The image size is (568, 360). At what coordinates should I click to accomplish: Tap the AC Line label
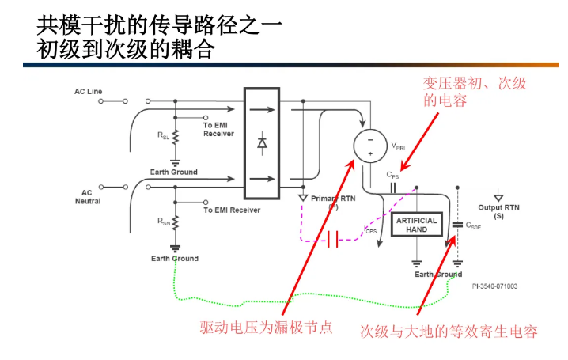click(x=88, y=92)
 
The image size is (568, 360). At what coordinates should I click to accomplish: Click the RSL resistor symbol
click(x=175, y=137)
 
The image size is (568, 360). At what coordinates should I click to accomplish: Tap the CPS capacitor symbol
click(x=394, y=188)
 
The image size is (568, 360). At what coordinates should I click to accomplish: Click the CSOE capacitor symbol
click(x=456, y=225)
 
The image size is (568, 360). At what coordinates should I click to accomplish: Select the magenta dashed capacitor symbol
click(x=333, y=240)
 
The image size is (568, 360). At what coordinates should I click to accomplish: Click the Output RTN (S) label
click(x=499, y=211)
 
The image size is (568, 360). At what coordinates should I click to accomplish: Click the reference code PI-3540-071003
click(x=494, y=286)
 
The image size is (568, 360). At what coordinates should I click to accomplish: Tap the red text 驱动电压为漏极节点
click(x=265, y=327)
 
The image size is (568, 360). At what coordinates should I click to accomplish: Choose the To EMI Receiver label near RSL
click(x=218, y=129)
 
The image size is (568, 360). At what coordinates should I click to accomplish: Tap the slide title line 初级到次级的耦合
click(x=126, y=50)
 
